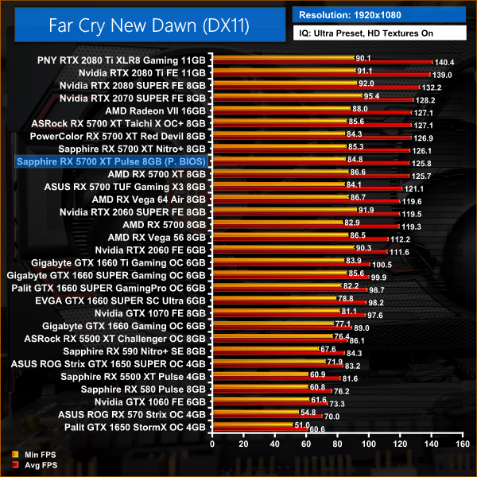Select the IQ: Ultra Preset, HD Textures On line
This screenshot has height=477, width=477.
click(370, 35)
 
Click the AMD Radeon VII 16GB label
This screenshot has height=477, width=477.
click(157, 111)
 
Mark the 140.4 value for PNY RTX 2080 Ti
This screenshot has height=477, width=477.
click(444, 61)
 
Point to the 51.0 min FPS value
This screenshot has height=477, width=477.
click(303, 425)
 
